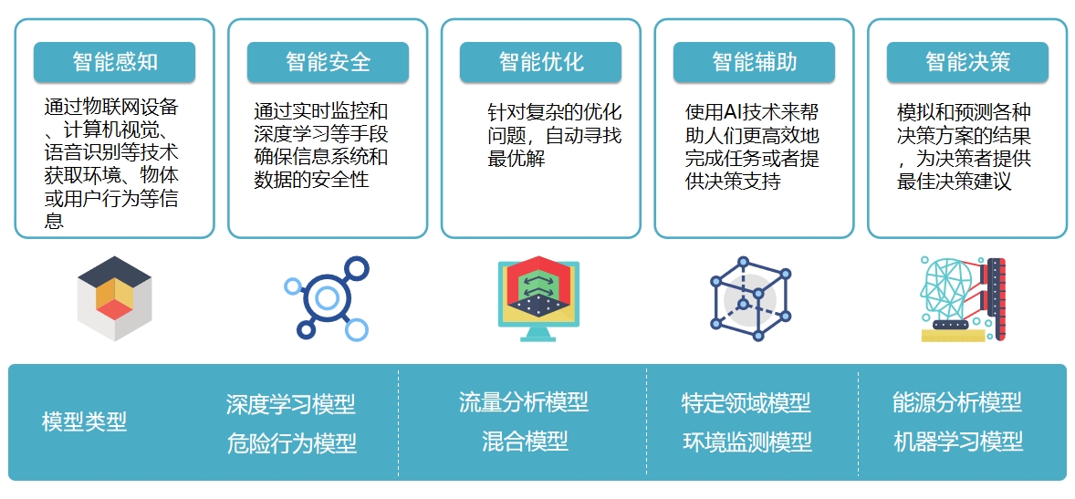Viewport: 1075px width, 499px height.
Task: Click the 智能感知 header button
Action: coord(114,62)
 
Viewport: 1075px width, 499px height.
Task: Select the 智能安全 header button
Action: coord(328,62)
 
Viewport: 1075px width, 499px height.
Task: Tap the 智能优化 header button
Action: coord(540,62)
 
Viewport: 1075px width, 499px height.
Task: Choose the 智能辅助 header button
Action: coord(754,62)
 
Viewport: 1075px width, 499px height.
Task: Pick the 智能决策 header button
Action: coord(967,62)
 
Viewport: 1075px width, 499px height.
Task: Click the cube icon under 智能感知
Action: coord(114,299)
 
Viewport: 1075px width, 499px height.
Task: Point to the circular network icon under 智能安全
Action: coord(327,298)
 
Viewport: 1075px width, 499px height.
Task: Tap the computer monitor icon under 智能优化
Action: coord(539,299)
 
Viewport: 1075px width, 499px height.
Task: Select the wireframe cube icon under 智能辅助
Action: coord(751,299)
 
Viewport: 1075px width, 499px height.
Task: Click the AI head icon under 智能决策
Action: coord(964,299)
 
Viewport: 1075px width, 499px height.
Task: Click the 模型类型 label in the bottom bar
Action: coord(84,421)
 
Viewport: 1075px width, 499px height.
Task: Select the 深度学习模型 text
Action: coord(291,404)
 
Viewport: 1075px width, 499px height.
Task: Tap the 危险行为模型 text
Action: coord(291,443)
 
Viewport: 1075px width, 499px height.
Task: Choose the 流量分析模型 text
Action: coord(524,401)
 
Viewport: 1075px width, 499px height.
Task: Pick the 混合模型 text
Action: coord(525,441)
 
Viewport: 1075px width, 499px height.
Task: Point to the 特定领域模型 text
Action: coord(746,402)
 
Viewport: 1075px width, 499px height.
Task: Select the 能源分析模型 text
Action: coord(957,401)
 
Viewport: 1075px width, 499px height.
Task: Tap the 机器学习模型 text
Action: coord(958,442)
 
